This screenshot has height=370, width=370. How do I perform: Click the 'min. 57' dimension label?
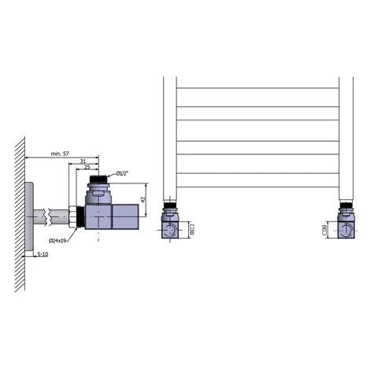pos(60,154)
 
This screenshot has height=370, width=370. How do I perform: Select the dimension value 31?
pos(83,161)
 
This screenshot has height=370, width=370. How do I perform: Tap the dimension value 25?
pos(87,167)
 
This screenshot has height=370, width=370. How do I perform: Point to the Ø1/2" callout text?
pos(122,173)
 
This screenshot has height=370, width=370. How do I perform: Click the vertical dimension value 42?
pos(143,199)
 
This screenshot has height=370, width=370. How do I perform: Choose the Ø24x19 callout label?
pos(57,240)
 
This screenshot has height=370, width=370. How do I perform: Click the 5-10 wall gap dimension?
pos(43,254)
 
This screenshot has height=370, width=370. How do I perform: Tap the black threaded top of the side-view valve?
pos(98,179)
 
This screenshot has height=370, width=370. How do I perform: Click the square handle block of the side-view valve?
pos(125,216)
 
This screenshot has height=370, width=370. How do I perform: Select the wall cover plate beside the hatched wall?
pos(29,216)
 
